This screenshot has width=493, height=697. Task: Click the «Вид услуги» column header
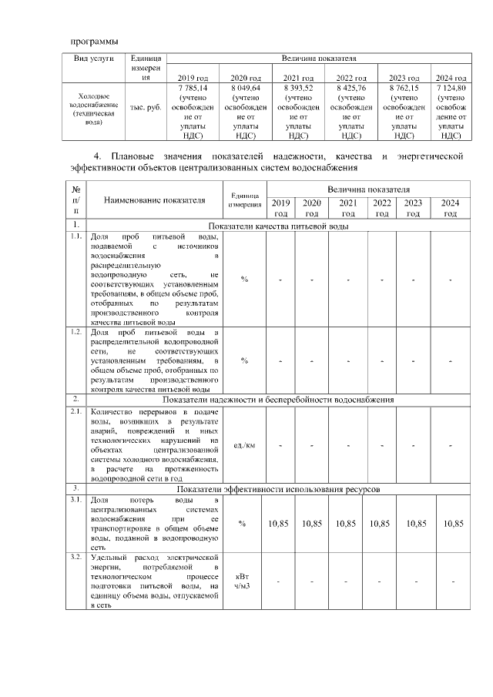coord(94,59)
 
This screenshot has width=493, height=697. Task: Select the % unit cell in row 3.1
coord(243,524)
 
